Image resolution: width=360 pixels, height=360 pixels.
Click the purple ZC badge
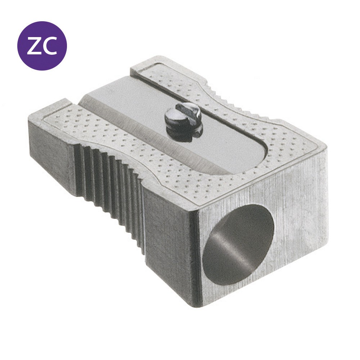click(42, 46)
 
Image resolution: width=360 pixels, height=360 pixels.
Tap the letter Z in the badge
click(35, 46)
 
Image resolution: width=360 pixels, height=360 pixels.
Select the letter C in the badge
click(50, 46)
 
